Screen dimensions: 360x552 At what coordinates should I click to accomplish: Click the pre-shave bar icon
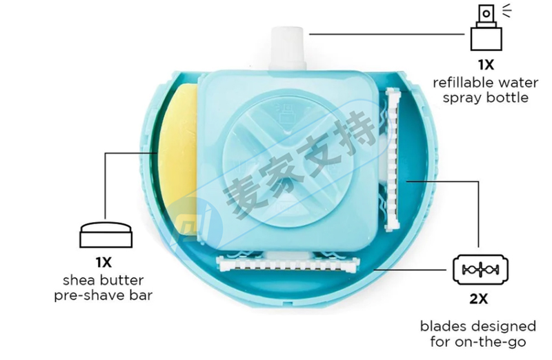(104, 234)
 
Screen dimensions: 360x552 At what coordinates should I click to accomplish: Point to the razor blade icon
(480, 269)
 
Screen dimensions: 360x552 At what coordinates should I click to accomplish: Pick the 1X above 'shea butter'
(104, 262)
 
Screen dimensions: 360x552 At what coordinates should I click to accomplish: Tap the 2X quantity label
(479, 299)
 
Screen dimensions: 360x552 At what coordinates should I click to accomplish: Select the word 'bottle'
(505, 97)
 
